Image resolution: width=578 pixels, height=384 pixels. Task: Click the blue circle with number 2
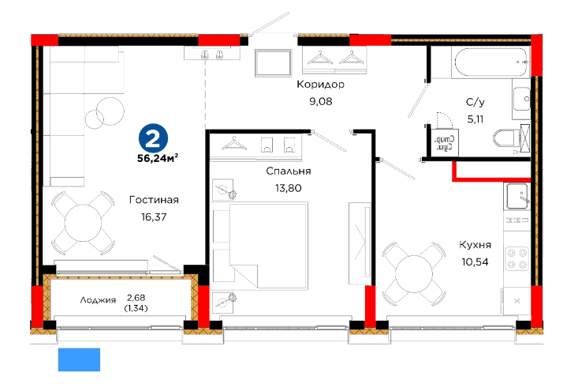tap(153, 138)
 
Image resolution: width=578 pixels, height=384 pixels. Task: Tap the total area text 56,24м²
tap(158, 158)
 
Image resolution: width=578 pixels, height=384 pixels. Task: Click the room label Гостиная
tap(154, 200)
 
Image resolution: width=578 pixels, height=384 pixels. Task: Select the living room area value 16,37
tap(154, 216)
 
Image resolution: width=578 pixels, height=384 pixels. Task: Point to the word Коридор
tap(321, 85)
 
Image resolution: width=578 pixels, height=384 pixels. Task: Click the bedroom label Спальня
tap(289, 171)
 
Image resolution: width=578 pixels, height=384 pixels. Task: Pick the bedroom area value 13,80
tap(289, 188)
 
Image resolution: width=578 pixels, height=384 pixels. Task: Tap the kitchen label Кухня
tap(475, 245)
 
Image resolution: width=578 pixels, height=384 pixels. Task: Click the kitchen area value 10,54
tap(475, 262)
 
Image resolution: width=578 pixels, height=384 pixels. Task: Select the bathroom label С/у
tap(475, 102)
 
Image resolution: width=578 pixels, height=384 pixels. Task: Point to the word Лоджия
tap(98, 300)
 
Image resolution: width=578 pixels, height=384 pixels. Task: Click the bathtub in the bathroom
tap(491, 62)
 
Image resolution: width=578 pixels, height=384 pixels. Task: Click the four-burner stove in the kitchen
tap(516, 258)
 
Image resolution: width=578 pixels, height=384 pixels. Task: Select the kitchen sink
tap(517, 196)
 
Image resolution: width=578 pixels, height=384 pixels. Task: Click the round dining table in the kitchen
tap(413, 274)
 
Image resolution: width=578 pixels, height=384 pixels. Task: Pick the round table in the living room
tap(83, 223)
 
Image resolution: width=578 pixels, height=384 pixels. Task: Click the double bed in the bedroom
tap(260, 245)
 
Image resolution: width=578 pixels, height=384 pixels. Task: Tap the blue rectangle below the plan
tap(79, 360)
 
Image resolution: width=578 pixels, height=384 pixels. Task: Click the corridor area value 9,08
tap(321, 101)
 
